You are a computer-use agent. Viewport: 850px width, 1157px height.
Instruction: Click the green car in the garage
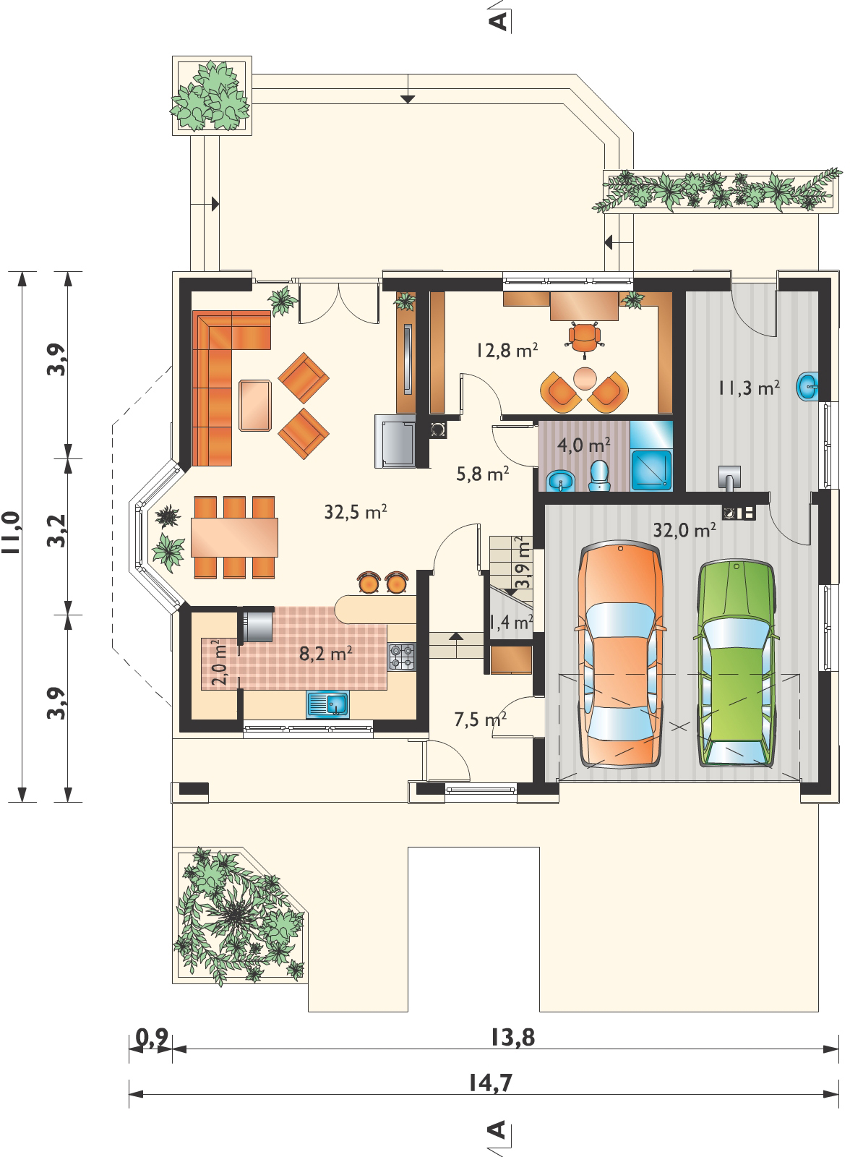tap(737, 664)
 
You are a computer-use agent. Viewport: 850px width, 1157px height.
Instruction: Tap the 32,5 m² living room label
tap(356, 512)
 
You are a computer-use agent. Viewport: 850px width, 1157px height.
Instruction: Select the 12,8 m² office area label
tap(507, 350)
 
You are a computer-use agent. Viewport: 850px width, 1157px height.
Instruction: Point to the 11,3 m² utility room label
tap(749, 388)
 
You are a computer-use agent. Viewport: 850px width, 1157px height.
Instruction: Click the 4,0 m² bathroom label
tap(584, 444)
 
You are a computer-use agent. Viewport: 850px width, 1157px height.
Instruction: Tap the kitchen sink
tap(328, 705)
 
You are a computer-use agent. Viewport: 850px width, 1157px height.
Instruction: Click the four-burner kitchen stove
tap(402, 657)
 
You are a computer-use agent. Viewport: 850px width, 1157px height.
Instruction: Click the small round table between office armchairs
tap(585, 379)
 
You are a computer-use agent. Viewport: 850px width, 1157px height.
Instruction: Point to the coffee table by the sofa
tap(255, 406)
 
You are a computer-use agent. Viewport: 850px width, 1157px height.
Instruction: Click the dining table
tap(234, 537)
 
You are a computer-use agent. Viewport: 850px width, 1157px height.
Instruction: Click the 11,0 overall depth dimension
tap(12, 532)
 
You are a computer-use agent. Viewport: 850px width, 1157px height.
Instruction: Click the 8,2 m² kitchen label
tap(326, 654)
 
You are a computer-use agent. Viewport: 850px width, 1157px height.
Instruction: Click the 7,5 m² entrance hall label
tap(480, 719)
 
